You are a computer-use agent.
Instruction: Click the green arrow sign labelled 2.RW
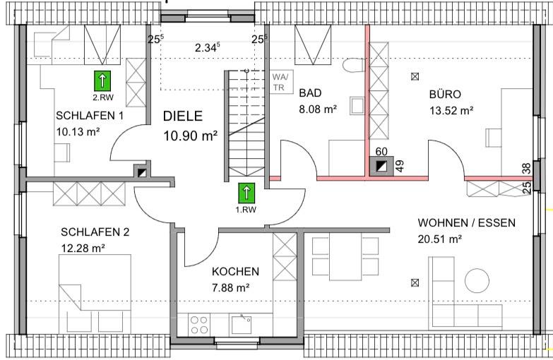102,80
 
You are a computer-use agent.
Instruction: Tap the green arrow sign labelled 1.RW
246,193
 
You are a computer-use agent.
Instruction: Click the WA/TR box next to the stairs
281,82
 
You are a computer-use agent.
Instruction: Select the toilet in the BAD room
353,65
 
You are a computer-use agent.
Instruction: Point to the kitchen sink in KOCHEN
242,325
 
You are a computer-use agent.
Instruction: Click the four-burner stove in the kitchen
198,325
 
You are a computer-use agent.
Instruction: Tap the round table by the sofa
477,281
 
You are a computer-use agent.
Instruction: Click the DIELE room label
183,116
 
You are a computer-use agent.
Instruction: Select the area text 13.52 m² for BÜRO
451,111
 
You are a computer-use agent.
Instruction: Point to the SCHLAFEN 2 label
95,232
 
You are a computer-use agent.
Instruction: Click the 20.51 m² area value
440,239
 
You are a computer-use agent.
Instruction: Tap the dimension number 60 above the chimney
381,151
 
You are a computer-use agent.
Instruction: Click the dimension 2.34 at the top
208,47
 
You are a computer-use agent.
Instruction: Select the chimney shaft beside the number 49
381,166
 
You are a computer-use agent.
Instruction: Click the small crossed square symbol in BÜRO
415,76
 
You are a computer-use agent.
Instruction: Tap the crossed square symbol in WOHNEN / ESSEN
415,282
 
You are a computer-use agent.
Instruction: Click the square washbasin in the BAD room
357,105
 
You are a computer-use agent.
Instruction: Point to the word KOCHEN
236,272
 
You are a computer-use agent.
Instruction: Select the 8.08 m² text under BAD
318,109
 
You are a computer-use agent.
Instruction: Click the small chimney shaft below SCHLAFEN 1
142,172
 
